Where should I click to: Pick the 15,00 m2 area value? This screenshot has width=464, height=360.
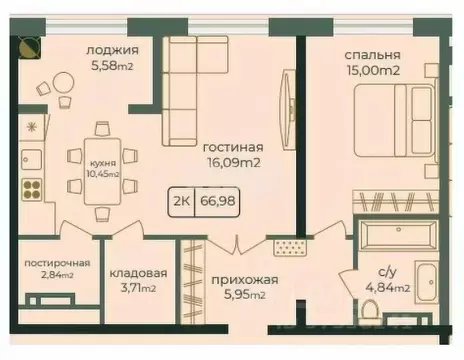click(x=372, y=72)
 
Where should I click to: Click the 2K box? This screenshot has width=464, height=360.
click(x=183, y=199)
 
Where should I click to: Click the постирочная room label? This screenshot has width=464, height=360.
click(x=57, y=263)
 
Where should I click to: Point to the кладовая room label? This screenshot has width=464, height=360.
click(x=139, y=272)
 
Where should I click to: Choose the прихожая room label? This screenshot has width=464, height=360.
click(x=243, y=279)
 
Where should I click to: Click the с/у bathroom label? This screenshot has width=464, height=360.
click(x=387, y=271)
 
